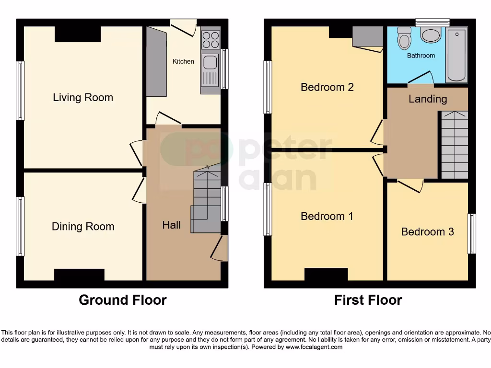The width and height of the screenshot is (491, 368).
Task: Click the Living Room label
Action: [83, 98]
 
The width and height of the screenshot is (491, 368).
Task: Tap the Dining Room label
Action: [83, 227]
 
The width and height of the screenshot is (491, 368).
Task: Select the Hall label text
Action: [171, 225]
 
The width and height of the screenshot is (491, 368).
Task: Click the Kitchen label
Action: [183, 61]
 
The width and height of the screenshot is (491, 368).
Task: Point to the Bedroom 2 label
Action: [327, 87]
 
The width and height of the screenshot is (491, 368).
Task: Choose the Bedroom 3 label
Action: [427, 232]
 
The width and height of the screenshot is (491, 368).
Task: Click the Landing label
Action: [428, 99]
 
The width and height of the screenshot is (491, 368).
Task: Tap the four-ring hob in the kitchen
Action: [210, 40]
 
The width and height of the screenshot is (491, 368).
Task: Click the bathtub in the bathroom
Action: [456, 55]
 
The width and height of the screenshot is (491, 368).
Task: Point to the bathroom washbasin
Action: [431, 35]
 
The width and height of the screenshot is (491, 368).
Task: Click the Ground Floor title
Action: [122, 300]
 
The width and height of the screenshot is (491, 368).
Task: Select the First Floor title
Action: [368, 300]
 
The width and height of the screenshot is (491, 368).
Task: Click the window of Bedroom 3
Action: [472, 234]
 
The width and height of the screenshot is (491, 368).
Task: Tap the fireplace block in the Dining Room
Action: [79, 275]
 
